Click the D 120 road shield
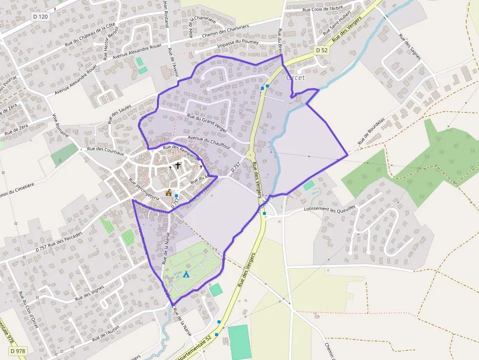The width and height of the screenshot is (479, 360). point(41,16)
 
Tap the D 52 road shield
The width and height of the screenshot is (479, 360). point(321,50)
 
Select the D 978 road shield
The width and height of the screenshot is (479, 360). point(17,351)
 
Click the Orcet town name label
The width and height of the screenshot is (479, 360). point(295,78)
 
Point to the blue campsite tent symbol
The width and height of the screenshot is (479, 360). point(186,275)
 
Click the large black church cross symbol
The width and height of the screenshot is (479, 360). point(178,166)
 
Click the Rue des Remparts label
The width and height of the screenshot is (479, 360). point(180,151)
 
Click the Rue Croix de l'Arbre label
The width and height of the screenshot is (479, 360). point(323,8)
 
